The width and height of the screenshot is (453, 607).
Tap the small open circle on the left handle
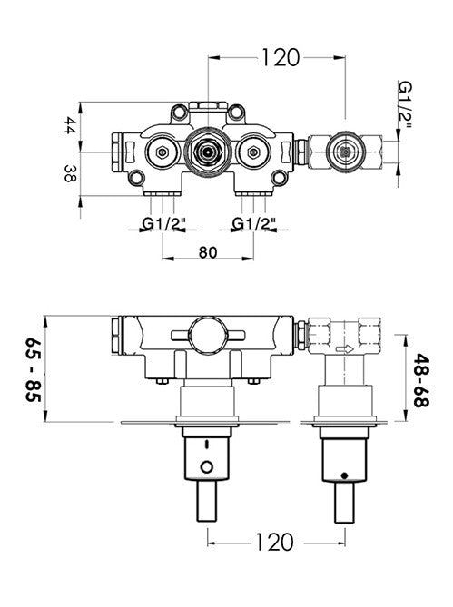click(x=209, y=468)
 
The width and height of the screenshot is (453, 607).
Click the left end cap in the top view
click(x=116, y=149)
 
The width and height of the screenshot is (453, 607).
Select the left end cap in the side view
click(x=115, y=334)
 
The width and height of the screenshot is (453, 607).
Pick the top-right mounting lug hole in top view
click(x=239, y=113)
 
